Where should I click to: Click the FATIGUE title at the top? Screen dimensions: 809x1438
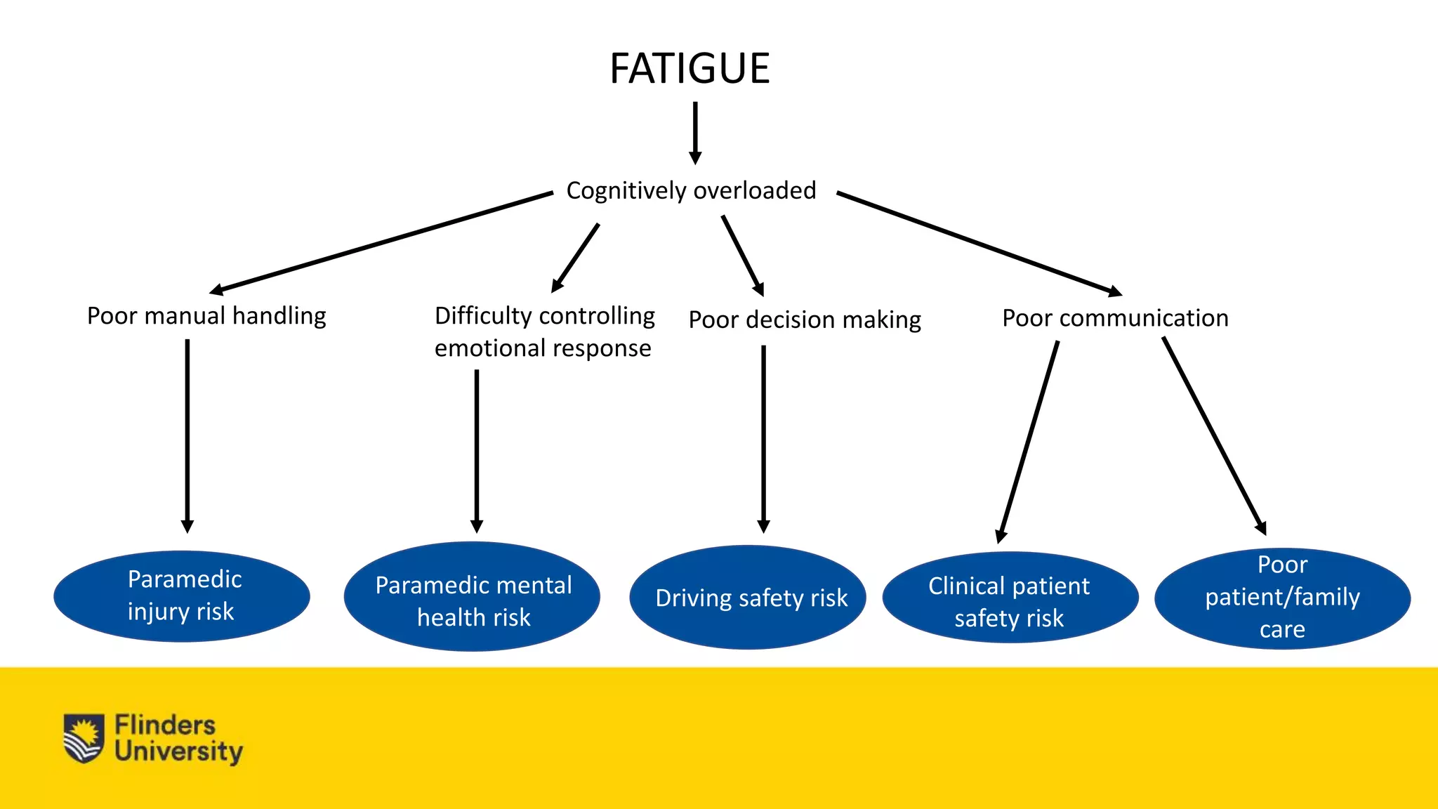690,69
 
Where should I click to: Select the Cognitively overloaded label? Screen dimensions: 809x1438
691,190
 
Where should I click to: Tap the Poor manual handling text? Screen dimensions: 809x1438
206,316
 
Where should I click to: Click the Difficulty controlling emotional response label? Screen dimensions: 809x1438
544,331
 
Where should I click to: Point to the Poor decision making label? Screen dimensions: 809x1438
805,320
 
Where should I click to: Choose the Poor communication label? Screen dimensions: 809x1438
1115,318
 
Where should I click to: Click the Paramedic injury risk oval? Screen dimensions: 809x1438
182,596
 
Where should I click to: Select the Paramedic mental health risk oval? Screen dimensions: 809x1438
473,597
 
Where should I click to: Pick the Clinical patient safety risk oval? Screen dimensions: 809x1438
1010,598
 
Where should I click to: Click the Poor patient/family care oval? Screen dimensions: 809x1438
1282,598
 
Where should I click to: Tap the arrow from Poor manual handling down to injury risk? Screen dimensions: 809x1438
187,435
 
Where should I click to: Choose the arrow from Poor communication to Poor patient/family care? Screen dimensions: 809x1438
1214,435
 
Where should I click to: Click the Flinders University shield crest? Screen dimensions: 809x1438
84,738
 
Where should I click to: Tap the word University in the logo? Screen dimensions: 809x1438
179,752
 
